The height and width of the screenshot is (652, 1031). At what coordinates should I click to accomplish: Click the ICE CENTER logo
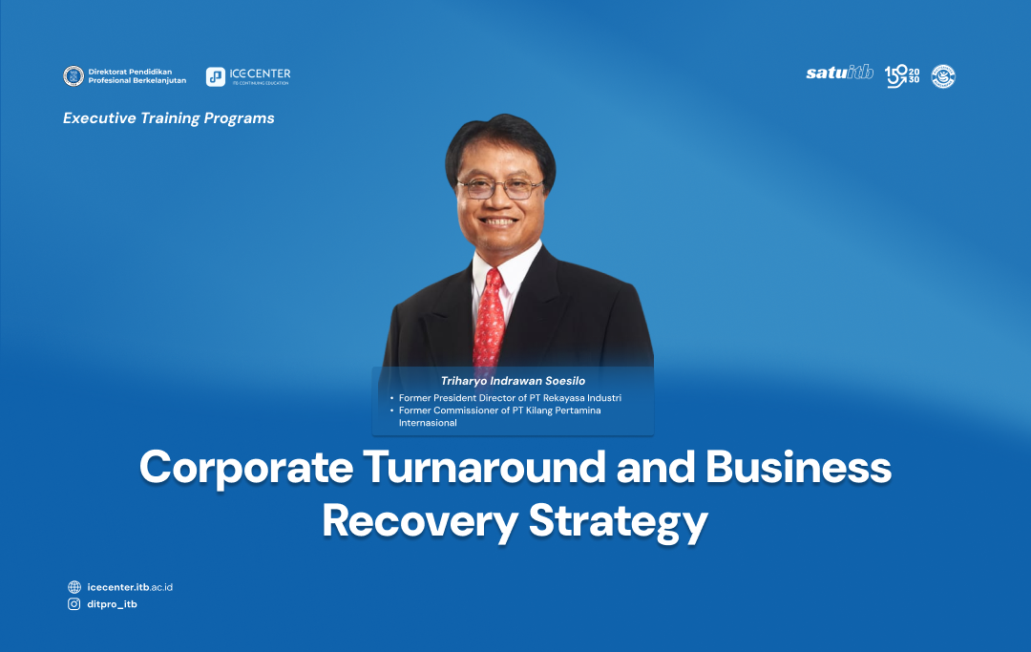coord(248,76)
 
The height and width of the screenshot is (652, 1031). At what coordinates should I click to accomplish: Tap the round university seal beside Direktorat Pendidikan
coord(74,76)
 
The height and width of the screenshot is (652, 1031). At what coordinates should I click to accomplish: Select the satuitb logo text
coord(839,74)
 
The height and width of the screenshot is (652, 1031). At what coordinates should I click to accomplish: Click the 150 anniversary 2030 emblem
coord(902,76)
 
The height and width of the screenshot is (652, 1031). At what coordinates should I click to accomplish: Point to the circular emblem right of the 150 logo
coord(943,76)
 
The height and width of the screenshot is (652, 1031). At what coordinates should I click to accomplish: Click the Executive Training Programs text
coord(169,118)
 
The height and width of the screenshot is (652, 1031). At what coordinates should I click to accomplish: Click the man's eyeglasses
coord(499,187)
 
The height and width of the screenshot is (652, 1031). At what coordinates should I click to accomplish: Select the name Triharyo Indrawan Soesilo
coord(513,381)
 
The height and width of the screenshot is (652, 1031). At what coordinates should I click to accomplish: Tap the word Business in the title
coord(798,468)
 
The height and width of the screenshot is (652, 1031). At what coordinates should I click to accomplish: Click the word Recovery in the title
coord(417,522)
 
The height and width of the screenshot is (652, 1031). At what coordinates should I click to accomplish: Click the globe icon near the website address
coord(74,587)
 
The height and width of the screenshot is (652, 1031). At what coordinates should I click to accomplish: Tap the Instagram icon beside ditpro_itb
coord(74,604)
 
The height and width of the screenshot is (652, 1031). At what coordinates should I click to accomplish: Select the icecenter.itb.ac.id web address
coord(130,587)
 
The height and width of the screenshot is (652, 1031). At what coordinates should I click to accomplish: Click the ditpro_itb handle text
coord(112,604)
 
